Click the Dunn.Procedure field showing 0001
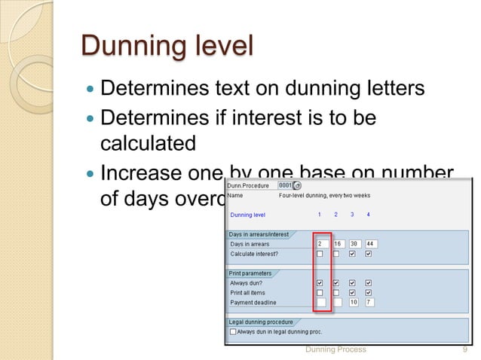click(x=285, y=185)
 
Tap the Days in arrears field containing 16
click(x=338, y=244)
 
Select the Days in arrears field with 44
click(x=370, y=244)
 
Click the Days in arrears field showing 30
click(x=354, y=244)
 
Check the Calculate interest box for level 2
click(x=336, y=254)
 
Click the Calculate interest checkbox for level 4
click(x=368, y=254)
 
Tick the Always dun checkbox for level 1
click(x=320, y=282)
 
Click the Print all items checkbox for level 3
click(x=352, y=292)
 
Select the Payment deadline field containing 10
click(x=354, y=302)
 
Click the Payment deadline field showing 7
click(x=369, y=302)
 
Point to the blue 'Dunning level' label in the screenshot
click(x=247, y=215)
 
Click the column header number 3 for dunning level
click(x=352, y=215)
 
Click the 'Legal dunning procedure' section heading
click(x=261, y=322)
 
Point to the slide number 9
click(x=462, y=349)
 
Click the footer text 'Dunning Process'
click(x=335, y=349)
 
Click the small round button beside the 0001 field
click(x=297, y=185)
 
